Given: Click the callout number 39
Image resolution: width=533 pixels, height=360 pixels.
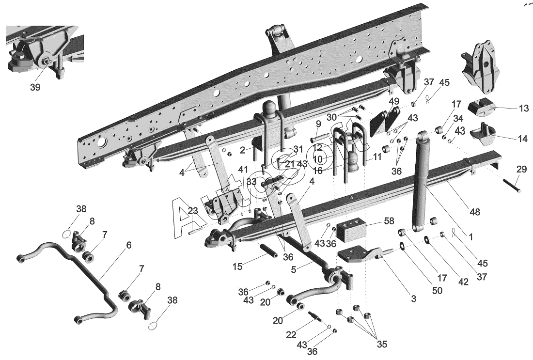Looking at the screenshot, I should click(x=35, y=87).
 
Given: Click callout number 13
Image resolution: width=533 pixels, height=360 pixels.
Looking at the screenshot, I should click(x=523, y=109).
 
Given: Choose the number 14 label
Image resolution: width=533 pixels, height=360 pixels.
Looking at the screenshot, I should click(x=522, y=139).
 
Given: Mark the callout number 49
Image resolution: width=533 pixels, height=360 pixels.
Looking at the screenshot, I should click(x=393, y=101).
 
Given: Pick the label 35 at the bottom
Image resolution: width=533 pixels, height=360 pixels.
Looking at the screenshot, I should click(x=382, y=344).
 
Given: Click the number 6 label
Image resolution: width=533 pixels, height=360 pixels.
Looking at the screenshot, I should click(x=128, y=246).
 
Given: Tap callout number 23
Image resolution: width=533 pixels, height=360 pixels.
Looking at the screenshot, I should click(x=193, y=211).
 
